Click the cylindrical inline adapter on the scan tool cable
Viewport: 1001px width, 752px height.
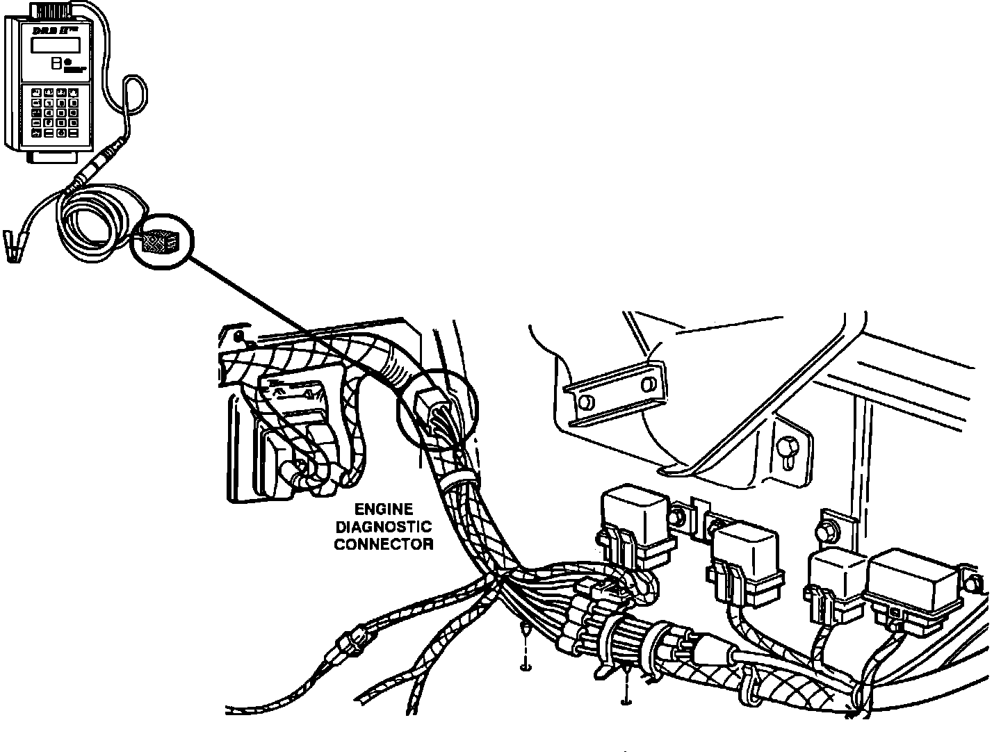coord(97,163)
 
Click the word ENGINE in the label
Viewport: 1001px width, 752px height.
coord(383,509)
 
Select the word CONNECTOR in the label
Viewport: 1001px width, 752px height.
coord(383,544)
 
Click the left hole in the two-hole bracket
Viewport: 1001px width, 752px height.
coord(586,401)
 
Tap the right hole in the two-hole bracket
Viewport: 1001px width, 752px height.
coord(647,384)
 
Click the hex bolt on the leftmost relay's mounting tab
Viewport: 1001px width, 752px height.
coord(678,516)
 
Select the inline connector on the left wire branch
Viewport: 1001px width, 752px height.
coord(355,640)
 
